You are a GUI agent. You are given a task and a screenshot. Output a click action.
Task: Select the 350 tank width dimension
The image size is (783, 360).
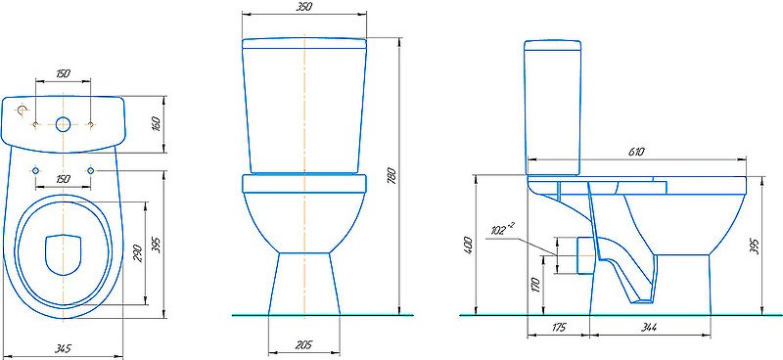click(x=304, y=7)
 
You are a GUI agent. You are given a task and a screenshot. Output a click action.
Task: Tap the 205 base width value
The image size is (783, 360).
click(x=303, y=344)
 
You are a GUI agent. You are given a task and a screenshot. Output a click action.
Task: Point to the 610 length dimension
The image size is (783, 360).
click(x=636, y=152)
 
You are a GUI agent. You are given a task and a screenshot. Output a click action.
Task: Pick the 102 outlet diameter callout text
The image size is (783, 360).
click(x=501, y=230)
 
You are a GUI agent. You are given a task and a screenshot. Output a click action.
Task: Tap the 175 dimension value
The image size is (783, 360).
click(x=559, y=328)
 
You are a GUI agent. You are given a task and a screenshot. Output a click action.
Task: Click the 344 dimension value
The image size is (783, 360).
click(x=649, y=328)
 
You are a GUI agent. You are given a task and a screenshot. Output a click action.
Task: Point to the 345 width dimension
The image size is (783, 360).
click(x=63, y=347)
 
